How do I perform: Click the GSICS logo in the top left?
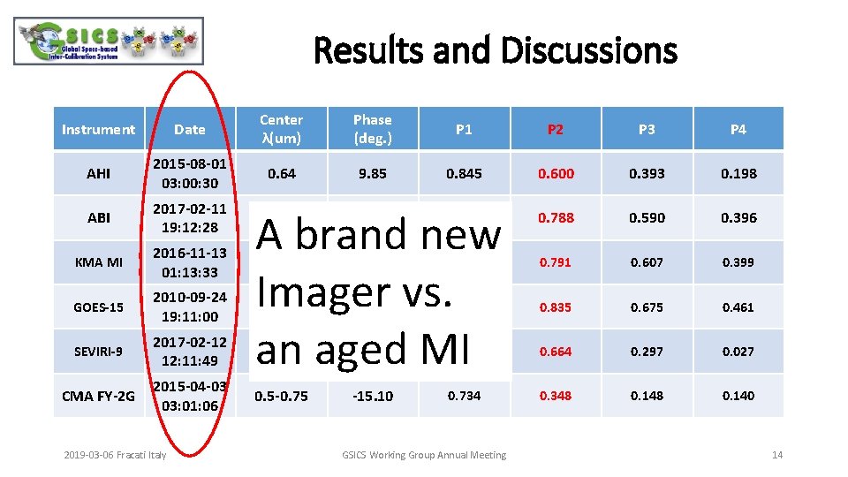point(110,42)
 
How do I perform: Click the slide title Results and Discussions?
point(495,50)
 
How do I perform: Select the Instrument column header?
point(98,129)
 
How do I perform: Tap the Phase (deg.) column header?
point(372,129)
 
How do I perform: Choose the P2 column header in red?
point(555,129)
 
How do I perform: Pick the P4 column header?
point(738,129)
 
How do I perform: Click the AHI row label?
point(98,173)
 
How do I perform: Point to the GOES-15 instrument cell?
point(98,307)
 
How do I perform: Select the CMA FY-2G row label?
point(98,396)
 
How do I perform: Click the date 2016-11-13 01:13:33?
point(189,262)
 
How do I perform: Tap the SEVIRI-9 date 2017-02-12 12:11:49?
point(189,351)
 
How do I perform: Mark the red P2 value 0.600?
point(555,173)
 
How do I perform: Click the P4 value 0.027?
point(738,351)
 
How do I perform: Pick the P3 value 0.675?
point(647,307)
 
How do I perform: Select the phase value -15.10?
point(372,396)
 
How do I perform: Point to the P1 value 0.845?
point(464,173)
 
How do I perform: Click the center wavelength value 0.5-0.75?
point(281,396)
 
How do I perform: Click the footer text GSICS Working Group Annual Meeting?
point(424,455)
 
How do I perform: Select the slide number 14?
point(777,455)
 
